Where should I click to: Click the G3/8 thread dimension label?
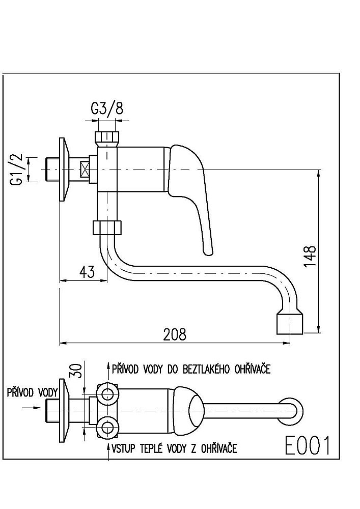[x=107, y=108]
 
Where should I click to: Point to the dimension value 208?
[x=175, y=334]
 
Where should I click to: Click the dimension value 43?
[x=87, y=272]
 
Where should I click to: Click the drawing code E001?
[x=307, y=446]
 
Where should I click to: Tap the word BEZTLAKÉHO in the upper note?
[x=207, y=369]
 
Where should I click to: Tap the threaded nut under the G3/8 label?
[x=107, y=137]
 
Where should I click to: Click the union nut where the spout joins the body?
[x=107, y=227]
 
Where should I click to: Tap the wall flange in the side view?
[x=64, y=169]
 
